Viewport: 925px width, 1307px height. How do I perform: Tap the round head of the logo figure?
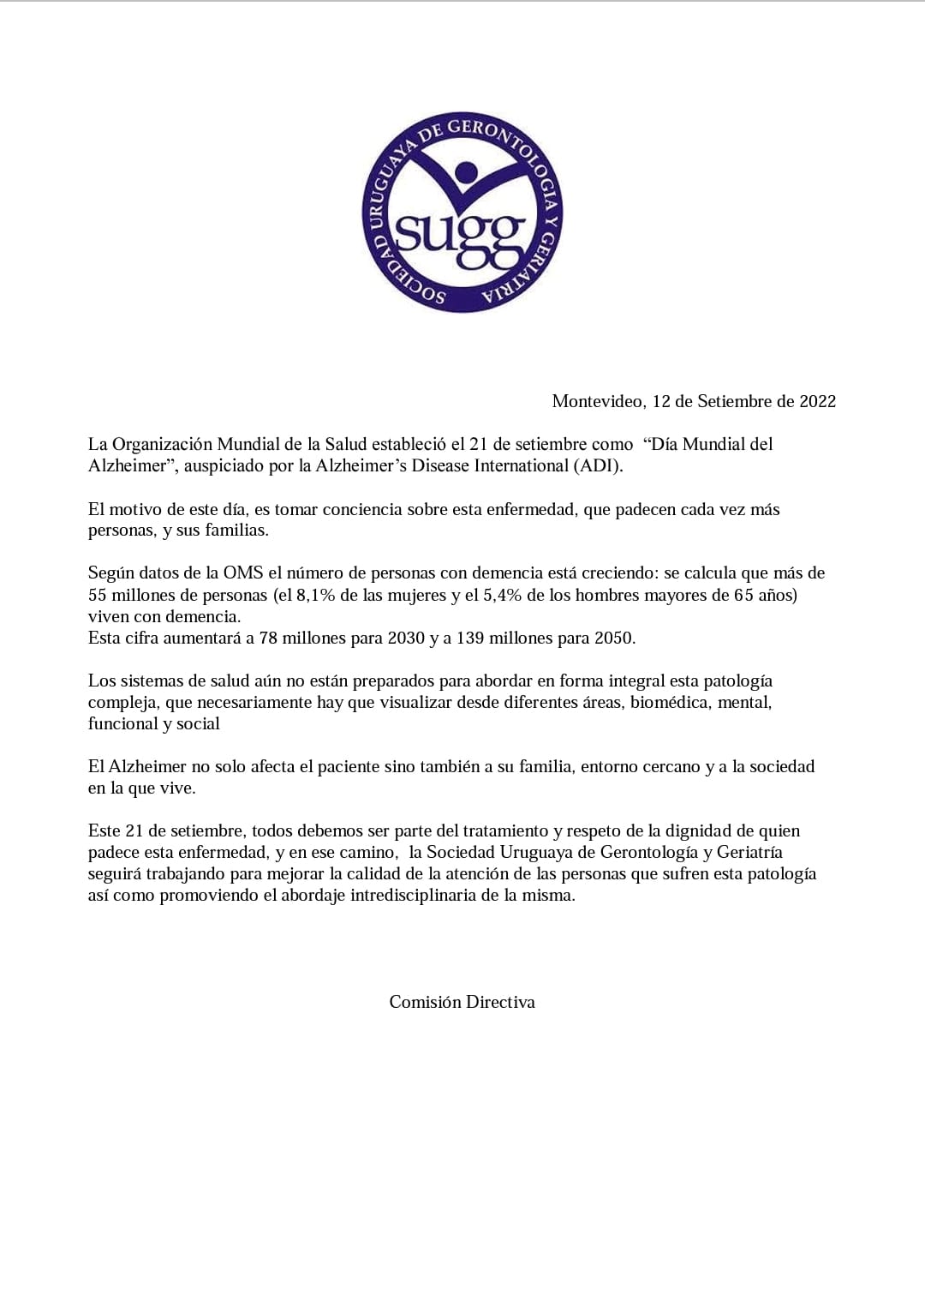pyautogui.click(x=467, y=171)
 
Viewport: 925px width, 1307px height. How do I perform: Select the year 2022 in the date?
pyautogui.click(x=817, y=401)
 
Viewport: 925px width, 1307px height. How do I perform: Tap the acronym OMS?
pyautogui.click(x=243, y=573)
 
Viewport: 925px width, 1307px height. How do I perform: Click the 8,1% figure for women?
pyautogui.click(x=316, y=595)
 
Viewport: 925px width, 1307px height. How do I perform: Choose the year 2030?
pyautogui.click(x=406, y=638)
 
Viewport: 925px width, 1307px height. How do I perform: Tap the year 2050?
pyautogui.click(x=614, y=638)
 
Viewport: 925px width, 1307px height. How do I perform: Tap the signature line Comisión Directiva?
pyautogui.click(x=462, y=1002)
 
